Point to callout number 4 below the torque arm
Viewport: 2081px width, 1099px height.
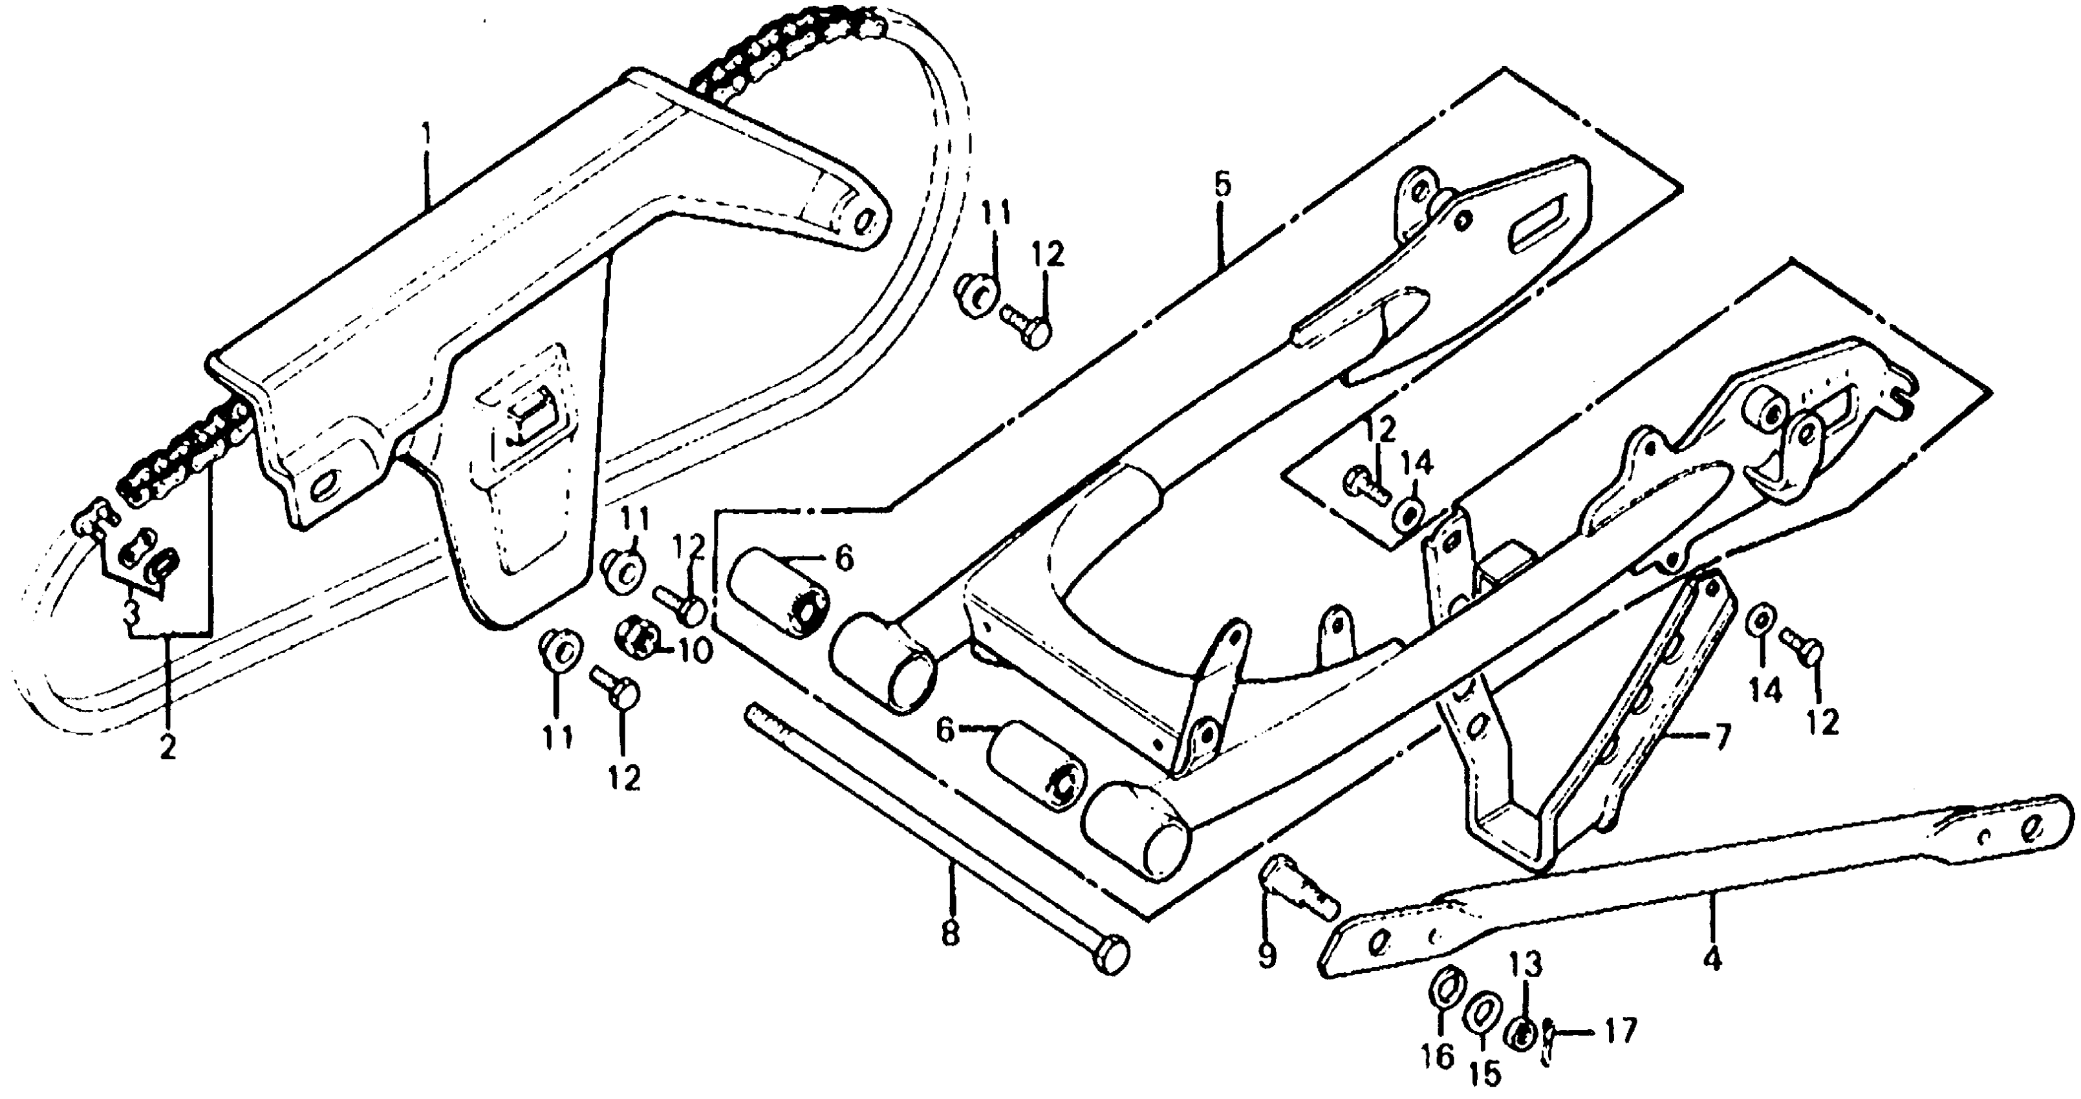[1712, 959]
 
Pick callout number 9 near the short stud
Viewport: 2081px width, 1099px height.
[1267, 955]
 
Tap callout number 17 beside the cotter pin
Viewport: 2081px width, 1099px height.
[1620, 1030]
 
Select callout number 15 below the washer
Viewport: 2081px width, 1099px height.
[1485, 1072]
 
